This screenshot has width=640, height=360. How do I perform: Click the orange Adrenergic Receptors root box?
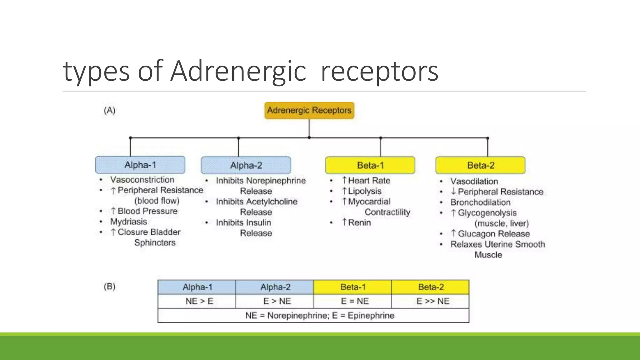pos(309,110)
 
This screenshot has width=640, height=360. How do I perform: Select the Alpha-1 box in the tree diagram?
pos(140,165)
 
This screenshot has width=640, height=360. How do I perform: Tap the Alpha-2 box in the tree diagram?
pos(246,165)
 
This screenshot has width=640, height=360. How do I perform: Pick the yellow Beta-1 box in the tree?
pos(370,165)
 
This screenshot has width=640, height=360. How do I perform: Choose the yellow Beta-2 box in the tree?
pos(480,165)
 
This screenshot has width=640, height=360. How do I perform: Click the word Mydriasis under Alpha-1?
pos(128,222)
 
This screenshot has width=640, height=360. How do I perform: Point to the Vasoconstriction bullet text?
pos(142,180)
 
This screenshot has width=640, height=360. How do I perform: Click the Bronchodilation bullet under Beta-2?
pos(480,202)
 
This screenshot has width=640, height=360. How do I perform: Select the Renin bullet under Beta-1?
pos(359,222)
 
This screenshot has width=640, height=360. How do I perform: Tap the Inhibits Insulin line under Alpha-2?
pos(243,222)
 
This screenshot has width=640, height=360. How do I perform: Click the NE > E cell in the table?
pos(199,301)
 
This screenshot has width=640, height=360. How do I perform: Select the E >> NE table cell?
pos(433,301)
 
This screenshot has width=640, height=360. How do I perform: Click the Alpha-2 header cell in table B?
pos(275,287)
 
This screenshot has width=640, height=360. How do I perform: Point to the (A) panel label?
pos(110,110)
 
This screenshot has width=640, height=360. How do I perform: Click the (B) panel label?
pos(110,286)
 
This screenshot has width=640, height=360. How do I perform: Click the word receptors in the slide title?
pos(379,71)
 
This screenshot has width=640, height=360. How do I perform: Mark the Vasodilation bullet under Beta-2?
pos(474,181)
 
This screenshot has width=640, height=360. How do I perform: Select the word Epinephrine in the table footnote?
pos(371,315)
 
